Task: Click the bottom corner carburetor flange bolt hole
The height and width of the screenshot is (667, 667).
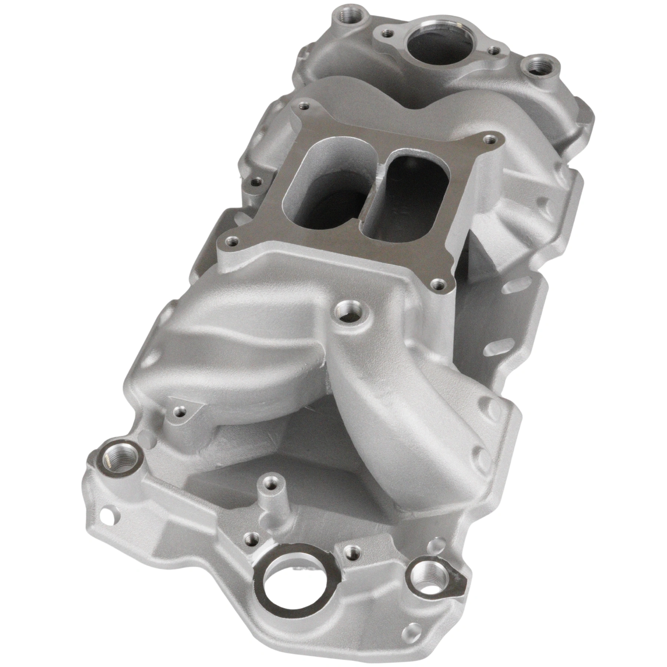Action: pyautogui.click(x=438, y=285)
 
